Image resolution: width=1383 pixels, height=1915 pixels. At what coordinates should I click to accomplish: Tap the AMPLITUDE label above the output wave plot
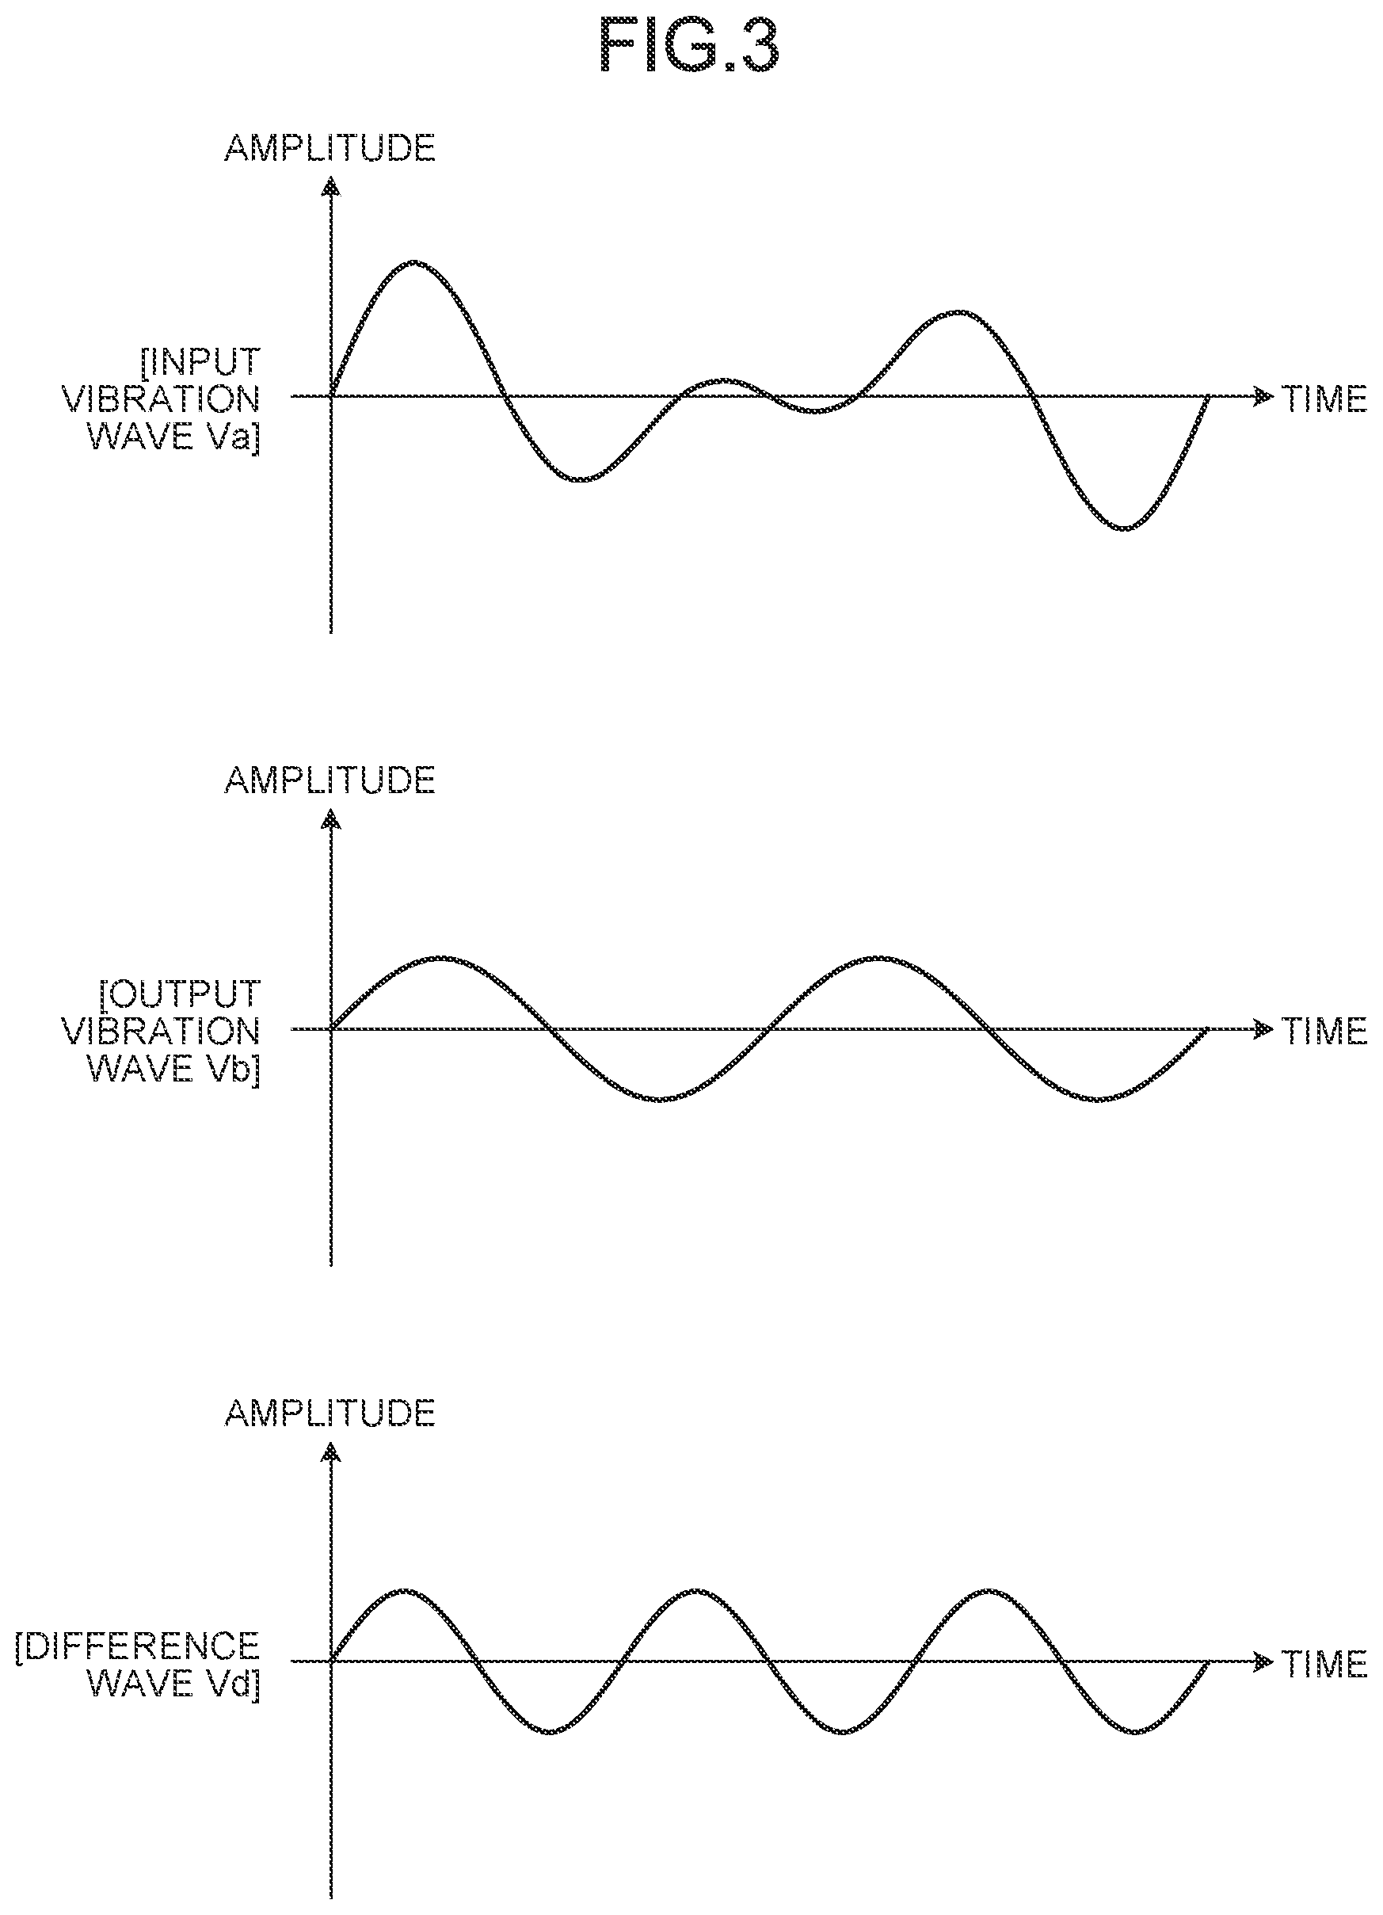[330, 780]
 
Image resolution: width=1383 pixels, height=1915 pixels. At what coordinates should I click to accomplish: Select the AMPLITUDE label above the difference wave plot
[330, 1413]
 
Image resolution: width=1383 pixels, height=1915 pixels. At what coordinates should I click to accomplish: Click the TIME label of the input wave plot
[1324, 399]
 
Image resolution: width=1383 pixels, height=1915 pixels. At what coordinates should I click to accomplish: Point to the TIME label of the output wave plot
[1324, 1031]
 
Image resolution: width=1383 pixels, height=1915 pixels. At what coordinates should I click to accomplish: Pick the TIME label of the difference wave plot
[1324, 1663]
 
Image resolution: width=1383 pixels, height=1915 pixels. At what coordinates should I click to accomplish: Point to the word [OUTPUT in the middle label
[180, 994]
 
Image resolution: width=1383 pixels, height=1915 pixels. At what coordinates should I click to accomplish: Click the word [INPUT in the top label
[201, 362]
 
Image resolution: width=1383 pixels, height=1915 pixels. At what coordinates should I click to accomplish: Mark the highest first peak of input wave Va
[413, 262]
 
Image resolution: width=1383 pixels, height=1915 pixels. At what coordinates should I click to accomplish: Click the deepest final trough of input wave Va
[1124, 528]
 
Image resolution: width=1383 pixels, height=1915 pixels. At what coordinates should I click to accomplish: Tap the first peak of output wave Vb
[440, 959]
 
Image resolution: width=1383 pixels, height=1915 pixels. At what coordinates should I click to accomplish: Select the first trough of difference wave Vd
[550, 1732]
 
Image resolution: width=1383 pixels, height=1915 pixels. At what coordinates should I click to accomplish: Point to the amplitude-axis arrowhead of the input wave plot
[331, 185]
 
